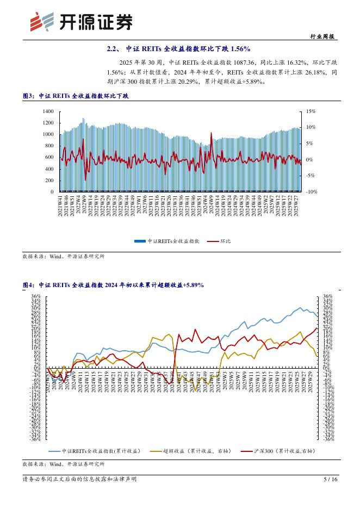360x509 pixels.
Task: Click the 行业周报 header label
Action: coord(325,36)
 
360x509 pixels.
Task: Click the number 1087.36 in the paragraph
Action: coord(245,63)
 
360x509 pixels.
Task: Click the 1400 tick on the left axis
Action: coord(48,111)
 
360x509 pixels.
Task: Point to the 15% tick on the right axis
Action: coord(311,111)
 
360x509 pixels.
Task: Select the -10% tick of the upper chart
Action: coord(311,192)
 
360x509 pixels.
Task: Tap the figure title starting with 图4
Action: coord(113,285)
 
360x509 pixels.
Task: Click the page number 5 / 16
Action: coord(331,480)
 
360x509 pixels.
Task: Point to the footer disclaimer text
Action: coord(79,480)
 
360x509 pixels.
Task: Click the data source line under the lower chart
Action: coord(64,464)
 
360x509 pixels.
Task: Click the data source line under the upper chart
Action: coord(64,256)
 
